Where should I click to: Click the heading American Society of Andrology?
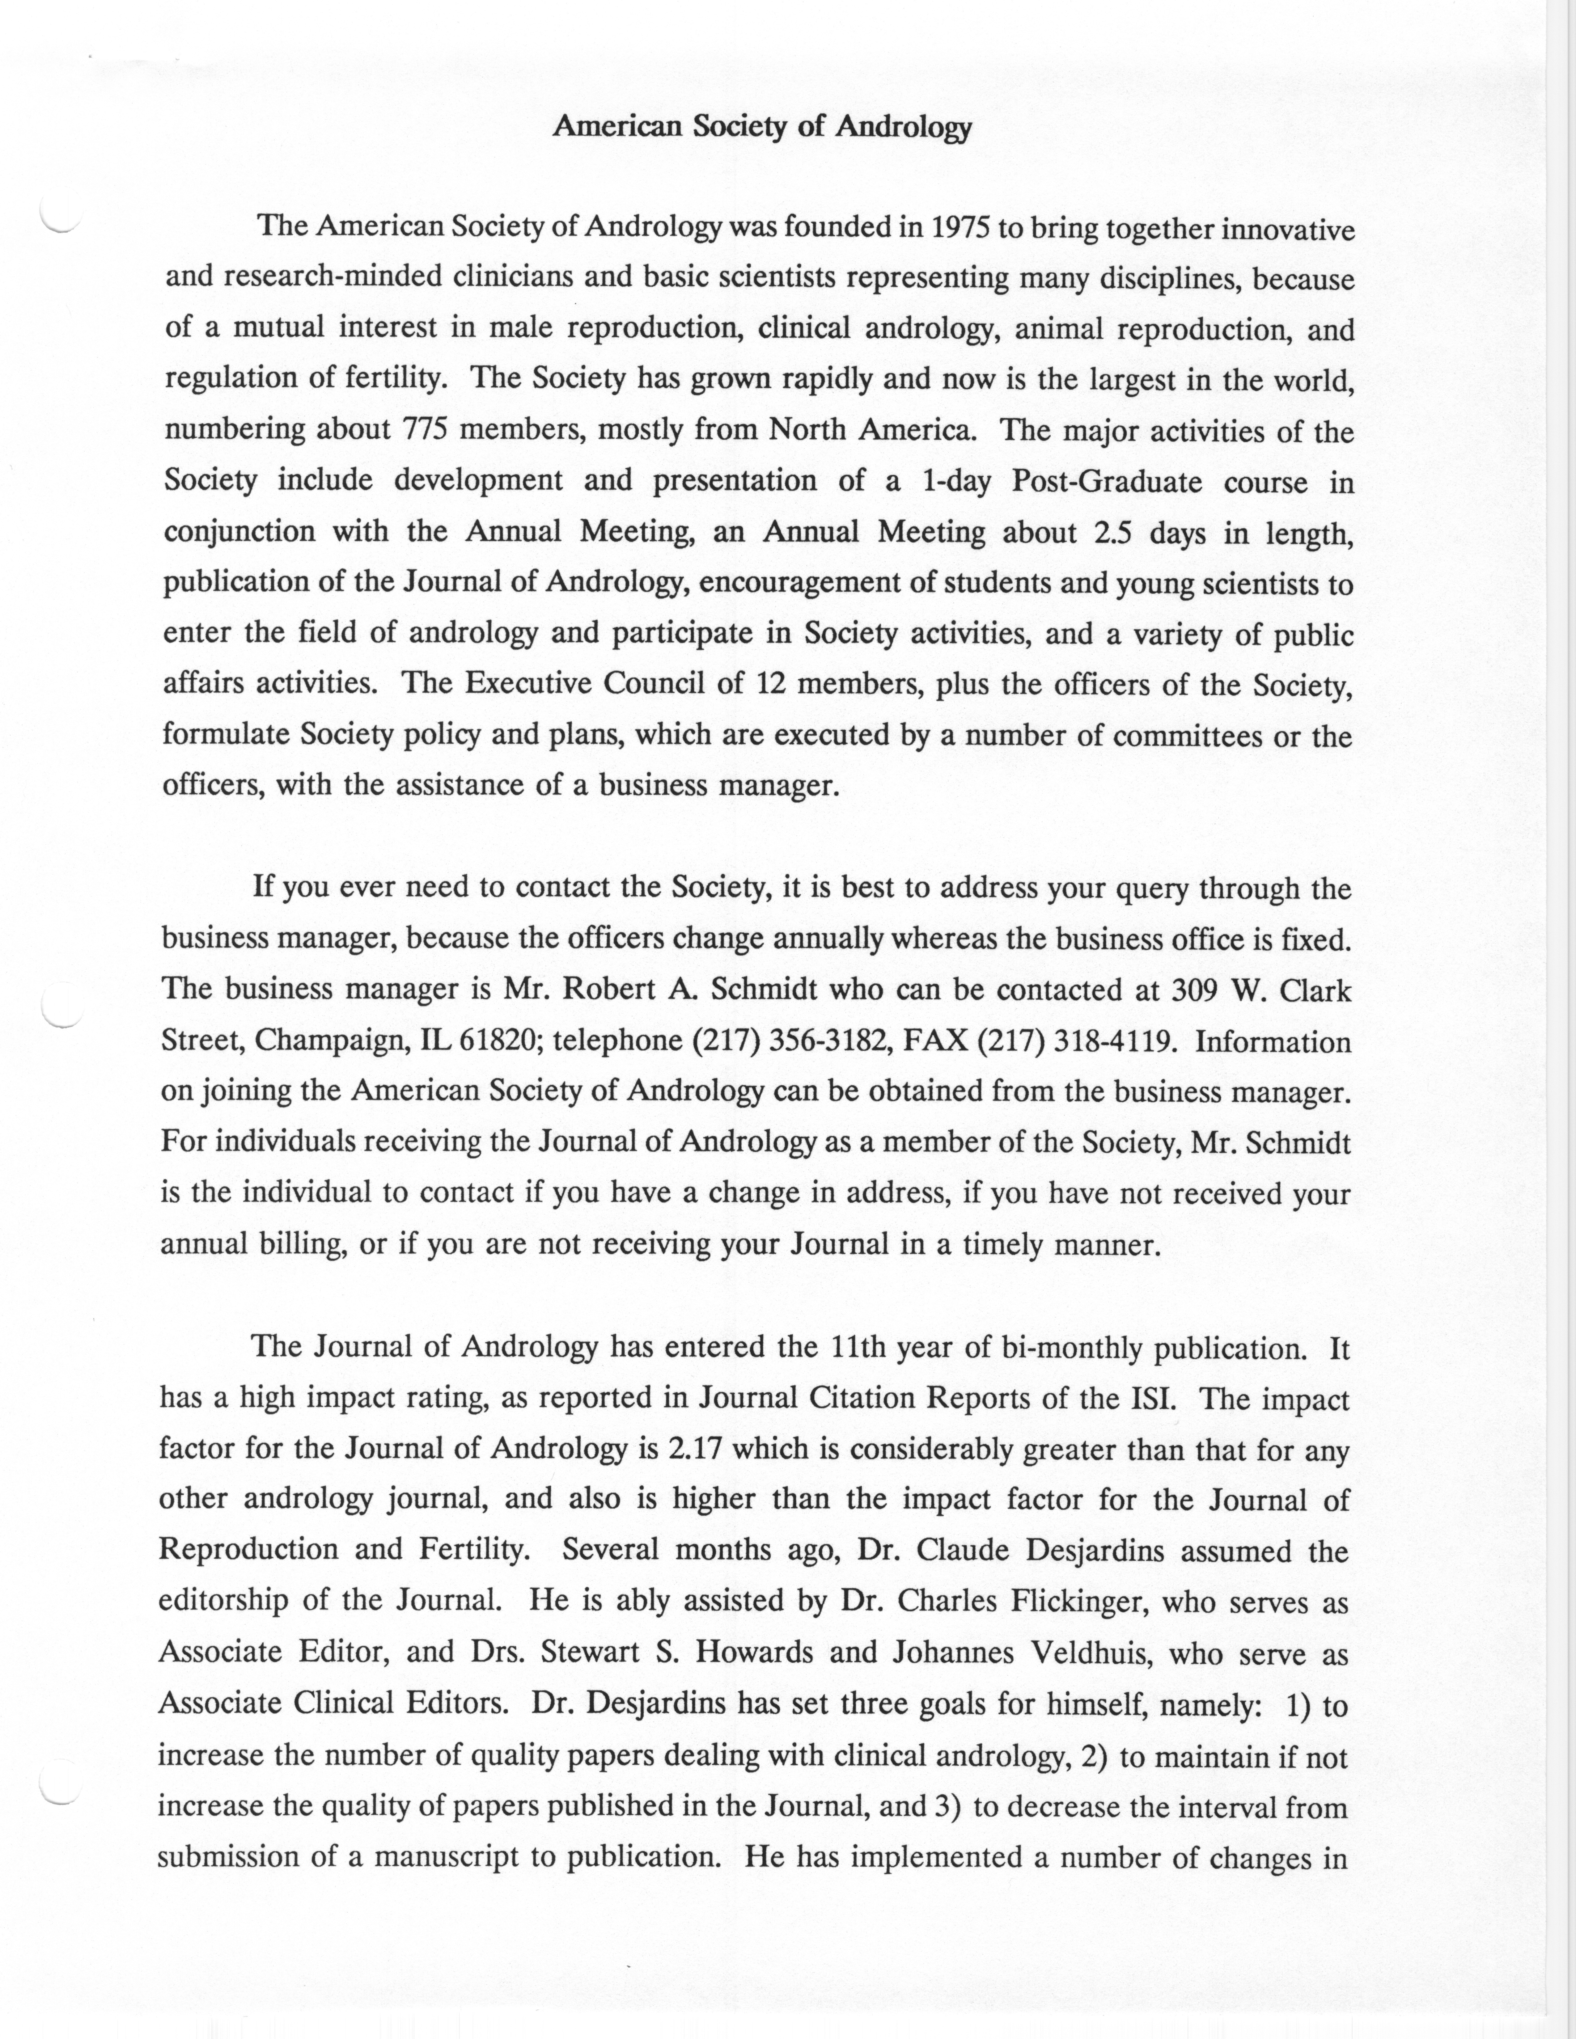[x=762, y=127]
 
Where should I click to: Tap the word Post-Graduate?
[x=1107, y=482]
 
